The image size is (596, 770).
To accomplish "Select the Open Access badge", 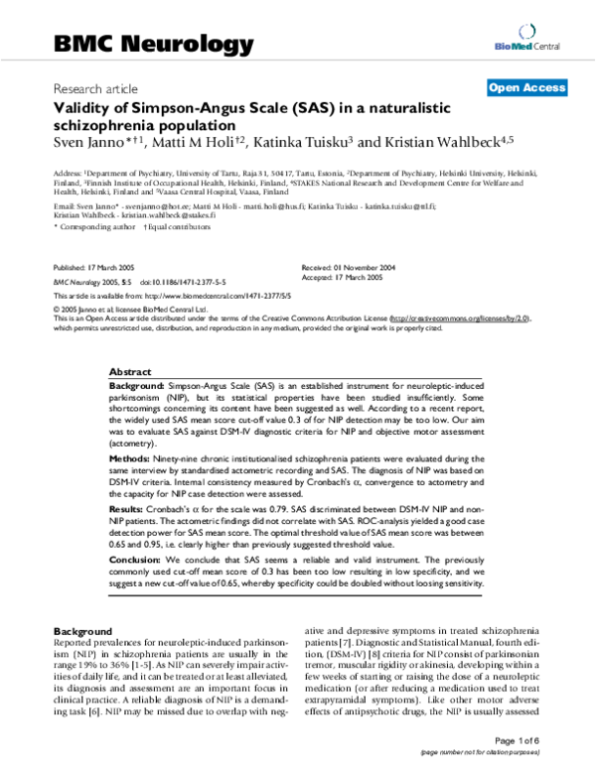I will pyautogui.click(x=526, y=88).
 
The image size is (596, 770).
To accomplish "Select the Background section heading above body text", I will pyautogui.click(x=82, y=631).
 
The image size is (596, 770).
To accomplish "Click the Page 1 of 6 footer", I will pyautogui.click(x=541, y=740).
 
